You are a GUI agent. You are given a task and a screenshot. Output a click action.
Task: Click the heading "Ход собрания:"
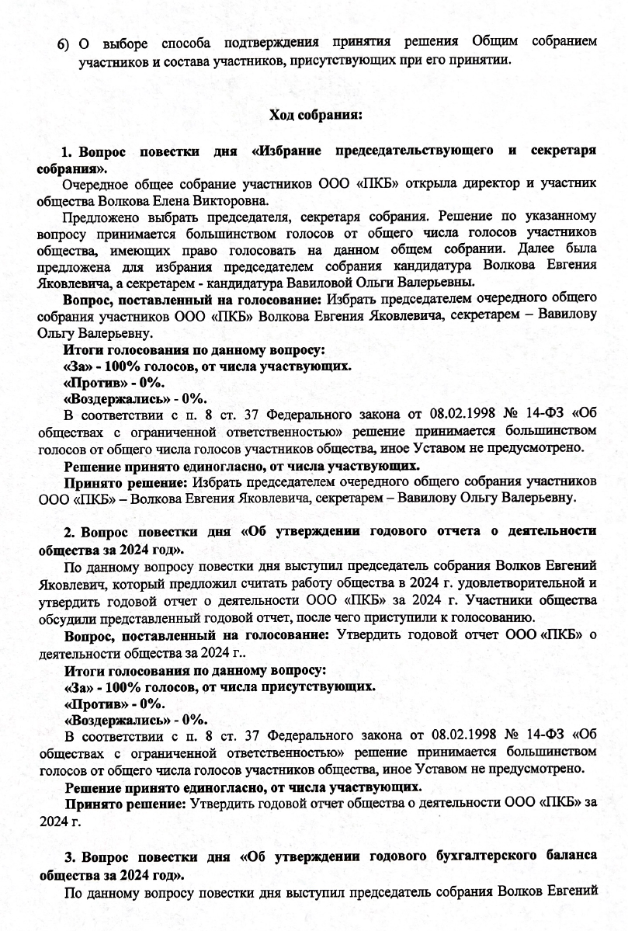[314, 115]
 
